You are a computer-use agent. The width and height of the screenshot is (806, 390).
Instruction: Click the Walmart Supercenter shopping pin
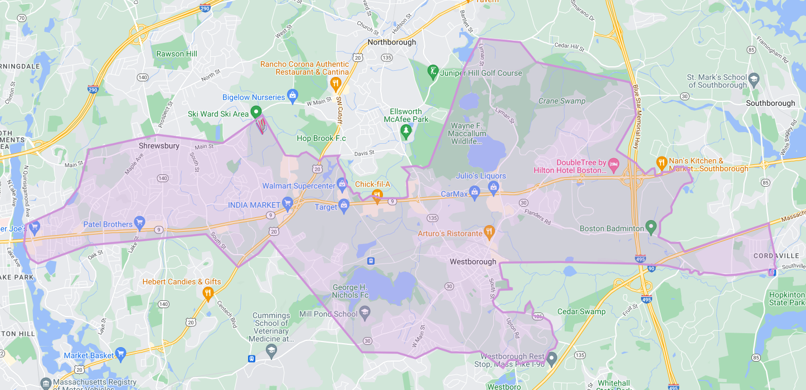pyautogui.click(x=342, y=184)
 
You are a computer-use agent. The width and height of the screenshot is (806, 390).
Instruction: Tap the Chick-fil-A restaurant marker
pyautogui.click(x=377, y=195)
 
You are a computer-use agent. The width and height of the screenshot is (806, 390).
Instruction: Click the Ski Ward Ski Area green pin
pyautogui.click(x=256, y=112)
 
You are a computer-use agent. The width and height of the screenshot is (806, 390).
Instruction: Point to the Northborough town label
pyautogui.click(x=391, y=42)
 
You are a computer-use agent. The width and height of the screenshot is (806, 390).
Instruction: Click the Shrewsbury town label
pyautogui.click(x=159, y=146)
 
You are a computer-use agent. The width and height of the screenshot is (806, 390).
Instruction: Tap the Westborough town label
pyautogui.click(x=473, y=261)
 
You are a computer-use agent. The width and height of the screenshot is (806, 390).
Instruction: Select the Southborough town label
pyautogui.click(x=770, y=103)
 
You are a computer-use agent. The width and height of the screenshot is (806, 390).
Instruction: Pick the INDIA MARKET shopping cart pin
pyautogui.click(x=288, y=204)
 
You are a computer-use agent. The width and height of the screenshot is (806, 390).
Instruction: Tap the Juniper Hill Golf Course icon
pyautogui.click(x=433, y=72)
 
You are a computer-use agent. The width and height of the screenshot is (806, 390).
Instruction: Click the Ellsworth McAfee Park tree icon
pyautogui.click(x=406, y=131)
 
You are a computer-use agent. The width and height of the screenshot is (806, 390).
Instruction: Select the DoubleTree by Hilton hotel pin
pyautogui.click(x=614, y=164)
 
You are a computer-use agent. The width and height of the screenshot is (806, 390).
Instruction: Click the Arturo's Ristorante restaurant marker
pyautogui.click(x=489, y=231)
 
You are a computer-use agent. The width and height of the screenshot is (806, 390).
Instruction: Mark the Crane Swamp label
pyautogui.click(x=562, y=101)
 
